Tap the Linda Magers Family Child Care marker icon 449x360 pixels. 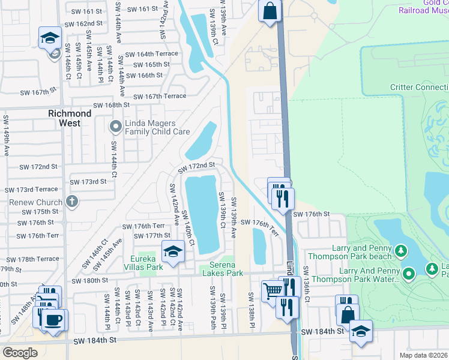[115, 127]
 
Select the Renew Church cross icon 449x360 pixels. [73, 201]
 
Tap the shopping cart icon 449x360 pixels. [273, 290]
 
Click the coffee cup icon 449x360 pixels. [54, 319]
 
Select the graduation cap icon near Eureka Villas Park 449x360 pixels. [173, 251]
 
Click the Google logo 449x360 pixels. [20, 352]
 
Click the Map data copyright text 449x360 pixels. [423, 355]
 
